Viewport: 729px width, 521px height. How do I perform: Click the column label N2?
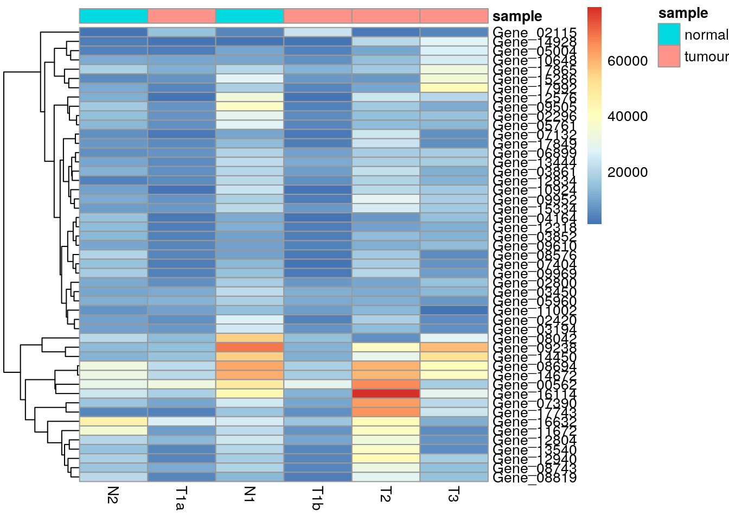(113, 494)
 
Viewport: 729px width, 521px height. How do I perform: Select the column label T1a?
(181, 498)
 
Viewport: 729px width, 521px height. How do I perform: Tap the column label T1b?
(317, 498)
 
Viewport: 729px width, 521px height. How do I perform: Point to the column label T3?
(453, 494)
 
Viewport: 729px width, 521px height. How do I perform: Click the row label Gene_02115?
(534, 33)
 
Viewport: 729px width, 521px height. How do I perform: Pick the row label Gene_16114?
(534, 394)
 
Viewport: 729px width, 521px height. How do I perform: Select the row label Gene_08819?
(534, 478)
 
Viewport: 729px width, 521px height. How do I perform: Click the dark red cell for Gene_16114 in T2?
(386, 393)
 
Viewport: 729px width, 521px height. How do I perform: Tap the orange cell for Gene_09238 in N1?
(250, 347)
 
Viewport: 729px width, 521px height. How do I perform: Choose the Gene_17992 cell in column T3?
(453, 88)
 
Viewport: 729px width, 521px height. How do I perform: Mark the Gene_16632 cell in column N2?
(113, 422)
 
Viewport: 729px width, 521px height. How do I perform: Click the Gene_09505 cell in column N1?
(250, 106)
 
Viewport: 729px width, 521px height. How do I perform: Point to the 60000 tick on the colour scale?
(628, 61)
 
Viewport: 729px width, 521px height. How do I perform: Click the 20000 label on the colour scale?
(628, 172)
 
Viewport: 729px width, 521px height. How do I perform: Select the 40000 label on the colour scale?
(628, 116)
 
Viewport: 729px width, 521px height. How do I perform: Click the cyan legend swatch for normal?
(669, 35)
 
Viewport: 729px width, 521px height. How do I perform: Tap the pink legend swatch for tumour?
(669, 56)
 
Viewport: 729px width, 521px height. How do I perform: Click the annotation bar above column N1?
(250, 16)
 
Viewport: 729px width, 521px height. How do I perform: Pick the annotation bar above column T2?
(386, 16)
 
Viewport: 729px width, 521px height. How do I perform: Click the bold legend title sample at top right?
(683, 13)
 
